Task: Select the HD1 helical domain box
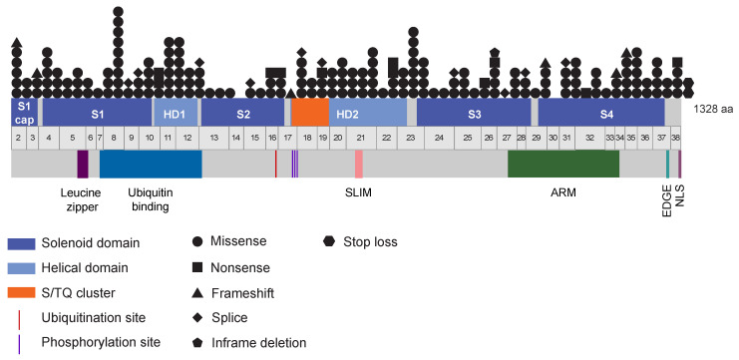[x=175, y=111]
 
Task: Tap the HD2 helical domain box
[x=367, y=111]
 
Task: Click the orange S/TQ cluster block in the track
[x=309, y=111]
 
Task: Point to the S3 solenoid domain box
[x=474, y=111]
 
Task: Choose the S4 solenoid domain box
[x=601, y=111]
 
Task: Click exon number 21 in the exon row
[x=360, y=138]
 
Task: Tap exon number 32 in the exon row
[x=590, y=138]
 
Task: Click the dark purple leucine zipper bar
[x=83, y=165]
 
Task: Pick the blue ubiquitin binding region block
[x=151, y=165]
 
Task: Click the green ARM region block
[x=563, y=165]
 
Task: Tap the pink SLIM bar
[x=358, y=165]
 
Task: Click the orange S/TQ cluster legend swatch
[x=29, y=292]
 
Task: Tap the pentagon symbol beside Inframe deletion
[x=197, y=343]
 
